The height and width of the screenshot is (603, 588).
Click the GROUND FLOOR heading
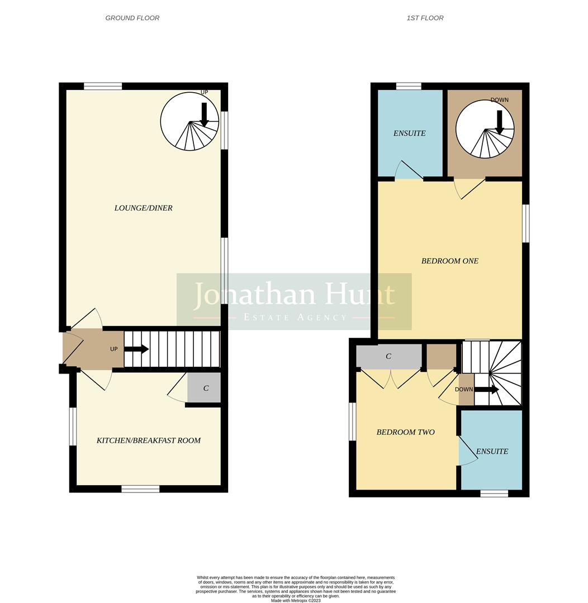click(x=132, y=18)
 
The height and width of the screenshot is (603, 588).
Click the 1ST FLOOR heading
click(x=425, y=18)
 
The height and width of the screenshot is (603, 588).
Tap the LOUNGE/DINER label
click(x=143, y=208)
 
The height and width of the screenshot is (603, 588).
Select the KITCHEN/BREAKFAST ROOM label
click(x=149, y=440)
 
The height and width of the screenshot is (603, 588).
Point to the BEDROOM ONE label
click(x=449, y=261)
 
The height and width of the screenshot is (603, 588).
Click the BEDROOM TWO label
click(x=405, y=432)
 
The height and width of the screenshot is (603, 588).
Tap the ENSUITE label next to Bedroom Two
click(x=492, y=451)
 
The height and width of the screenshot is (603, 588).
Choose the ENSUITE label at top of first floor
click(x=409, y=133)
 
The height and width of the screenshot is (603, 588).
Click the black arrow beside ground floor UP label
click(x=136, y=349)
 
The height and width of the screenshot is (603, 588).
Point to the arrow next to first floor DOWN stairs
click(x=486, y=389)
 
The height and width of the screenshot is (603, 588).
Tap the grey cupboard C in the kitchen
click(x=205, y=388)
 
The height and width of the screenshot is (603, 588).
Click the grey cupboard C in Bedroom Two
click(x=388, y=356)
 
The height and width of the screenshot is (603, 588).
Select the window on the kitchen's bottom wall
click(x=140, y=489)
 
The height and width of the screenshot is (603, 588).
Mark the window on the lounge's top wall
click(x=103, y=86)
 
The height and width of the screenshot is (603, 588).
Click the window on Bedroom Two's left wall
click(x=352, y=421)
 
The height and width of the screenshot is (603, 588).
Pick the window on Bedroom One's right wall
click(x=525, y=223)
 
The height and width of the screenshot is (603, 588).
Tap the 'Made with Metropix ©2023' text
click(x=296, y=600)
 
